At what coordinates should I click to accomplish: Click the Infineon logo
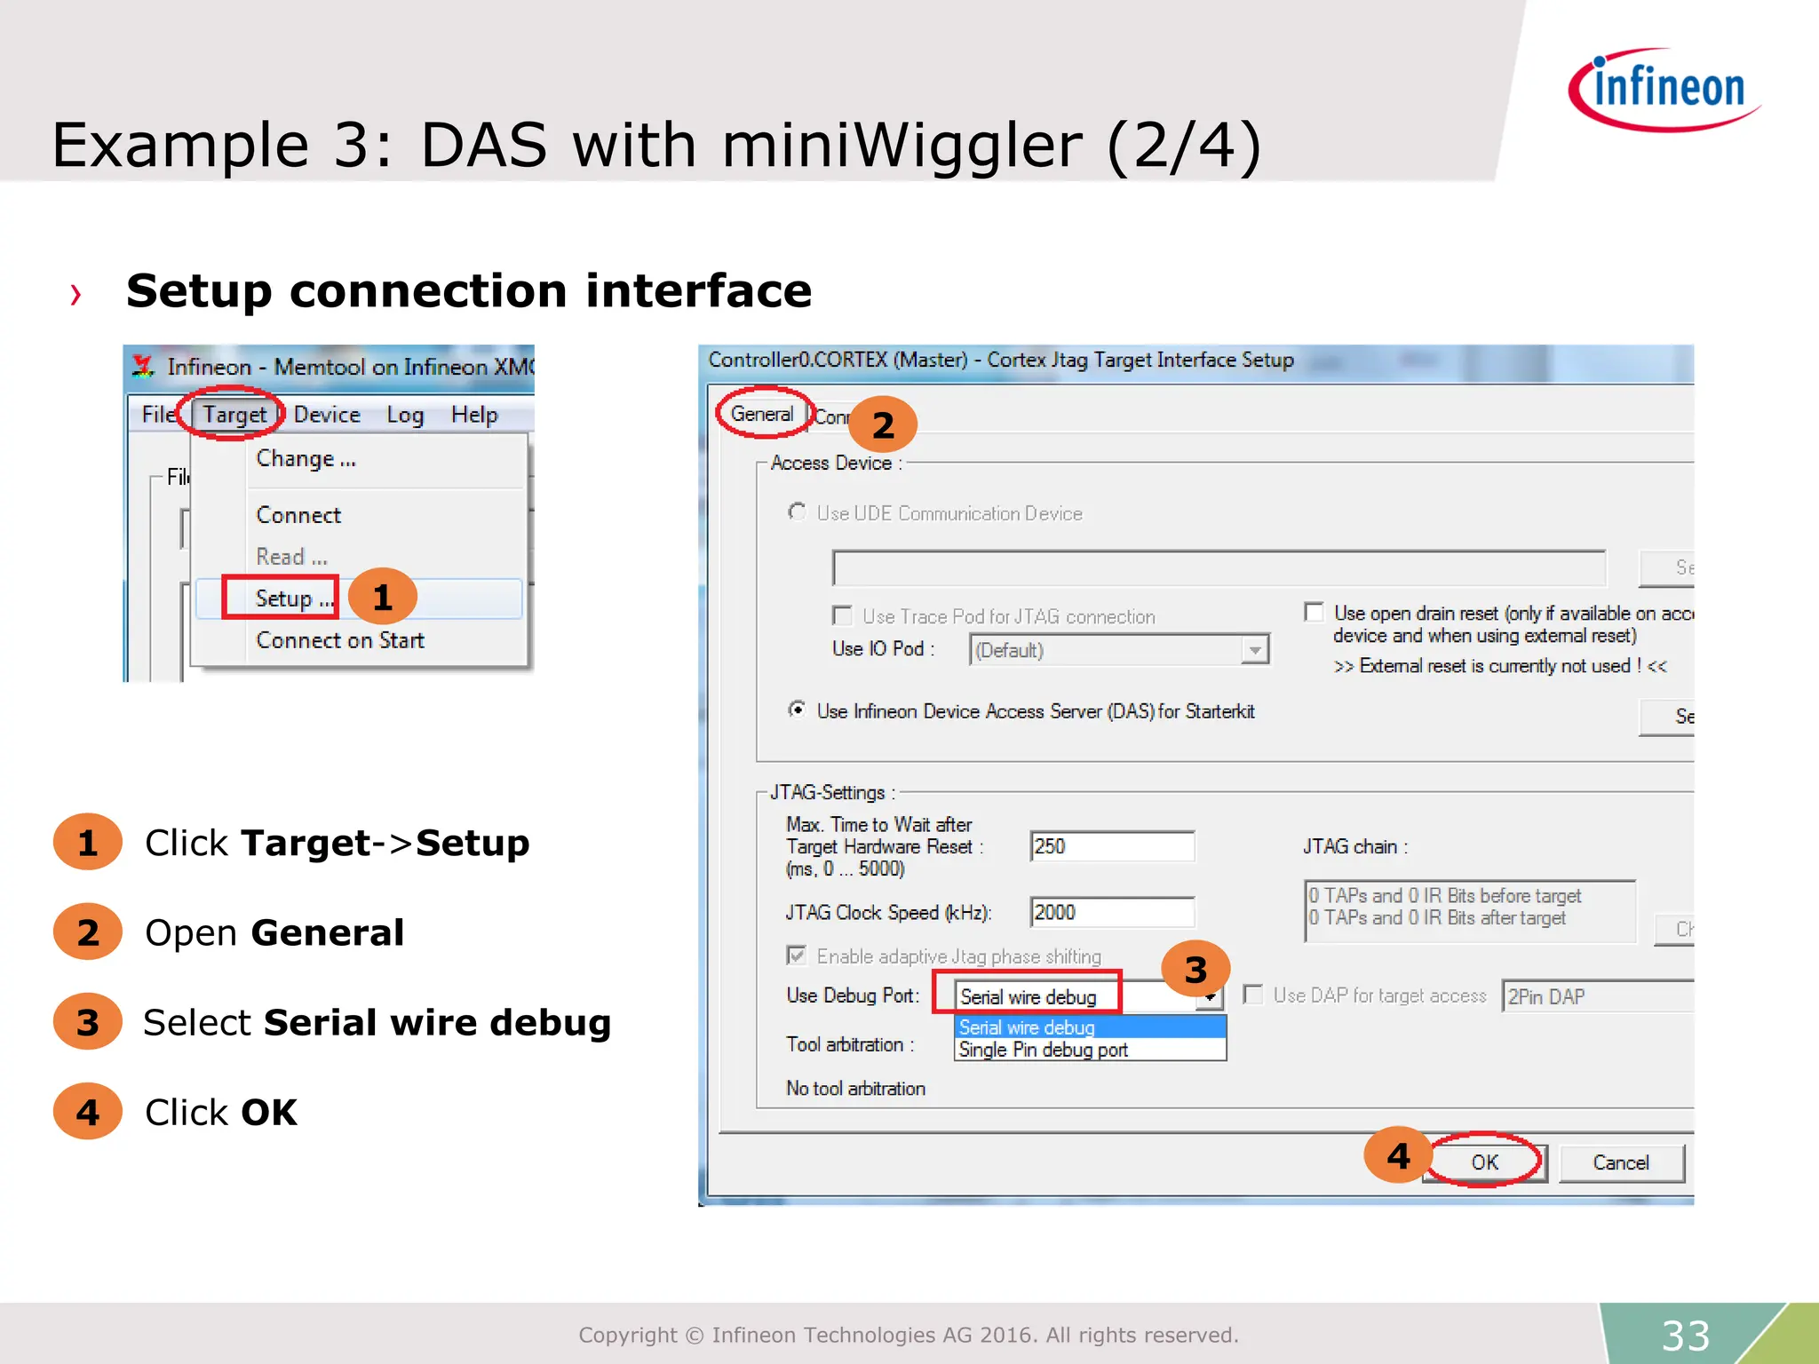tap(1664, 89)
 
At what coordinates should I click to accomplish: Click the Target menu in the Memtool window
tap(234, 415)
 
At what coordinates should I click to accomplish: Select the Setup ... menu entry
tap(283, 598)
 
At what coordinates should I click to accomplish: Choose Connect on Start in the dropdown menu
tap(340, 640)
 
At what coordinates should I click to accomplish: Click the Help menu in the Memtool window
tap(473, 415)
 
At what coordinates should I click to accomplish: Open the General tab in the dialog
tap(761, 414)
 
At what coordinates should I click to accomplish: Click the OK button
tap(1484, 1162)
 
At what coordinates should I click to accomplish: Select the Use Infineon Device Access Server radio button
tap(798, 710)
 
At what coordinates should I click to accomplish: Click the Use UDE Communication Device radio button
tap(798, 512)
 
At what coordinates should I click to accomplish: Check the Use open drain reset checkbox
tap(1314, 612)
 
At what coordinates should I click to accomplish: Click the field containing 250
tap(1111, 846)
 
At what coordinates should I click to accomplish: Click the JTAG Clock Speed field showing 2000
tap(1111, 912)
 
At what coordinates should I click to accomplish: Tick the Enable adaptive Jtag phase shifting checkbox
tap(797, 956)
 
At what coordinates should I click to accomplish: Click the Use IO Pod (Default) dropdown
tap(1118, 650)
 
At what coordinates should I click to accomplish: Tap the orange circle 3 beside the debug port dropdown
tap(1195, 970)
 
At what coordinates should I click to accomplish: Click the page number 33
tap(1685, 1335)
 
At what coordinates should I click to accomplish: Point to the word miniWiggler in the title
tap(902, 145)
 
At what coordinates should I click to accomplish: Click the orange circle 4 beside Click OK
tap(87, 1112)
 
